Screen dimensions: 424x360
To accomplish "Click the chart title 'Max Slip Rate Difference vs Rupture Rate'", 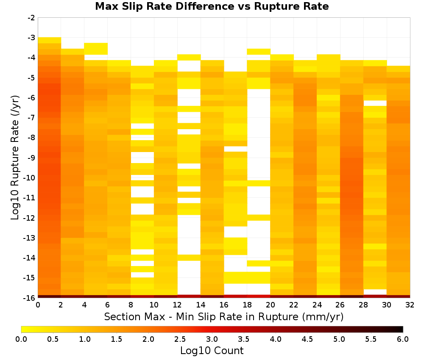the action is click(212, 6).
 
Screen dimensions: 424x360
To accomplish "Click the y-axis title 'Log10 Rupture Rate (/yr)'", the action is click(15, 158).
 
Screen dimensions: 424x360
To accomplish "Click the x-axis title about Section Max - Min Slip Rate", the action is click(224, 316).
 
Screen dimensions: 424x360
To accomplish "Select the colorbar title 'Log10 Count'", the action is click(212, 351).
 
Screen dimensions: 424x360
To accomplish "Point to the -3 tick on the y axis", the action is click(31, 38).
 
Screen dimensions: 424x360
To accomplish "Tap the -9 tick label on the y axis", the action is click(31, 158).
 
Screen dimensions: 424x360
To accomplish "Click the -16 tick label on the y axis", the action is click(30, 298).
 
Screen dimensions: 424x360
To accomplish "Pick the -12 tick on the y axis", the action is click(30, 218).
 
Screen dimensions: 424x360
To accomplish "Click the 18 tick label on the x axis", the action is click(247, 305).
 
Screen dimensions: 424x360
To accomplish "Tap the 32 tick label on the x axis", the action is click(410, 305).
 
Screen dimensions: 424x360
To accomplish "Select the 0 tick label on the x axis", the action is click(38, 305).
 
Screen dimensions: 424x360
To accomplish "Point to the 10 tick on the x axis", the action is click(154, 305).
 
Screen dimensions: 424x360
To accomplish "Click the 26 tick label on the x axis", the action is click(340, 305).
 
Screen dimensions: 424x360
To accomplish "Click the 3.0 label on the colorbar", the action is click(212, 339).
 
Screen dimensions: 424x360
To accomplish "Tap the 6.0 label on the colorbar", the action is click(403, 339).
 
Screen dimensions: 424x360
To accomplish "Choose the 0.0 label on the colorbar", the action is click(21, 339).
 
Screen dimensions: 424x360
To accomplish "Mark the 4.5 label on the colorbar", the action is click(307, 339).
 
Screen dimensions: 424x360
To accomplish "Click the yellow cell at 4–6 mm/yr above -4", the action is click(96, 49).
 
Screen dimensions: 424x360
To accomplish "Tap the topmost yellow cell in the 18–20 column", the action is click(259, 52).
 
